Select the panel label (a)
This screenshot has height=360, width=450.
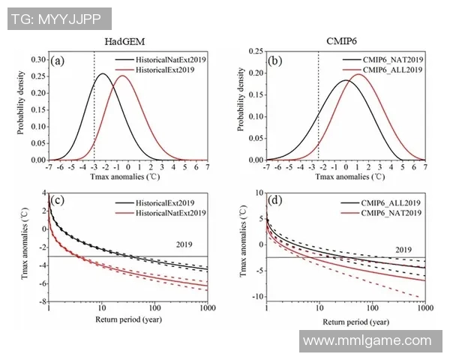(58, 61)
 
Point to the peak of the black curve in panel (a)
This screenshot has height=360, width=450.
(103, 73)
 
